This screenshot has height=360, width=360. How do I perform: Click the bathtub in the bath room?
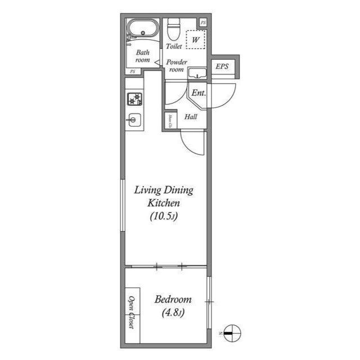coord(142,29)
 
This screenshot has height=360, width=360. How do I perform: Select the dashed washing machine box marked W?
coord(196,40)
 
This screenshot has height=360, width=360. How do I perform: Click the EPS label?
coord(223,67)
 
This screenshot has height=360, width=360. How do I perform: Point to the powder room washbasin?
coord(197,73)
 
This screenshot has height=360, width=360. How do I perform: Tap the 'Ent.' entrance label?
coord(198,93)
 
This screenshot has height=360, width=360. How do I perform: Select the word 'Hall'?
coord(191,117)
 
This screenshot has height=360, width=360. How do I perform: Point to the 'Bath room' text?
coord(142,56)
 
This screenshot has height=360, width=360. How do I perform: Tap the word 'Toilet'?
coord(174,47)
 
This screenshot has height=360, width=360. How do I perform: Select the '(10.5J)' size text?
coord(163,215)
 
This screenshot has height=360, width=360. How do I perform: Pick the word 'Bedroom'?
coord(173,300)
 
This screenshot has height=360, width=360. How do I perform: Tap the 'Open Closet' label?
coord(132,312)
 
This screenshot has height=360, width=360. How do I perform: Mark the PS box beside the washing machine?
coord(203,22)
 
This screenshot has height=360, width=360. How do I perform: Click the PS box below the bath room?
coord(133,71)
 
